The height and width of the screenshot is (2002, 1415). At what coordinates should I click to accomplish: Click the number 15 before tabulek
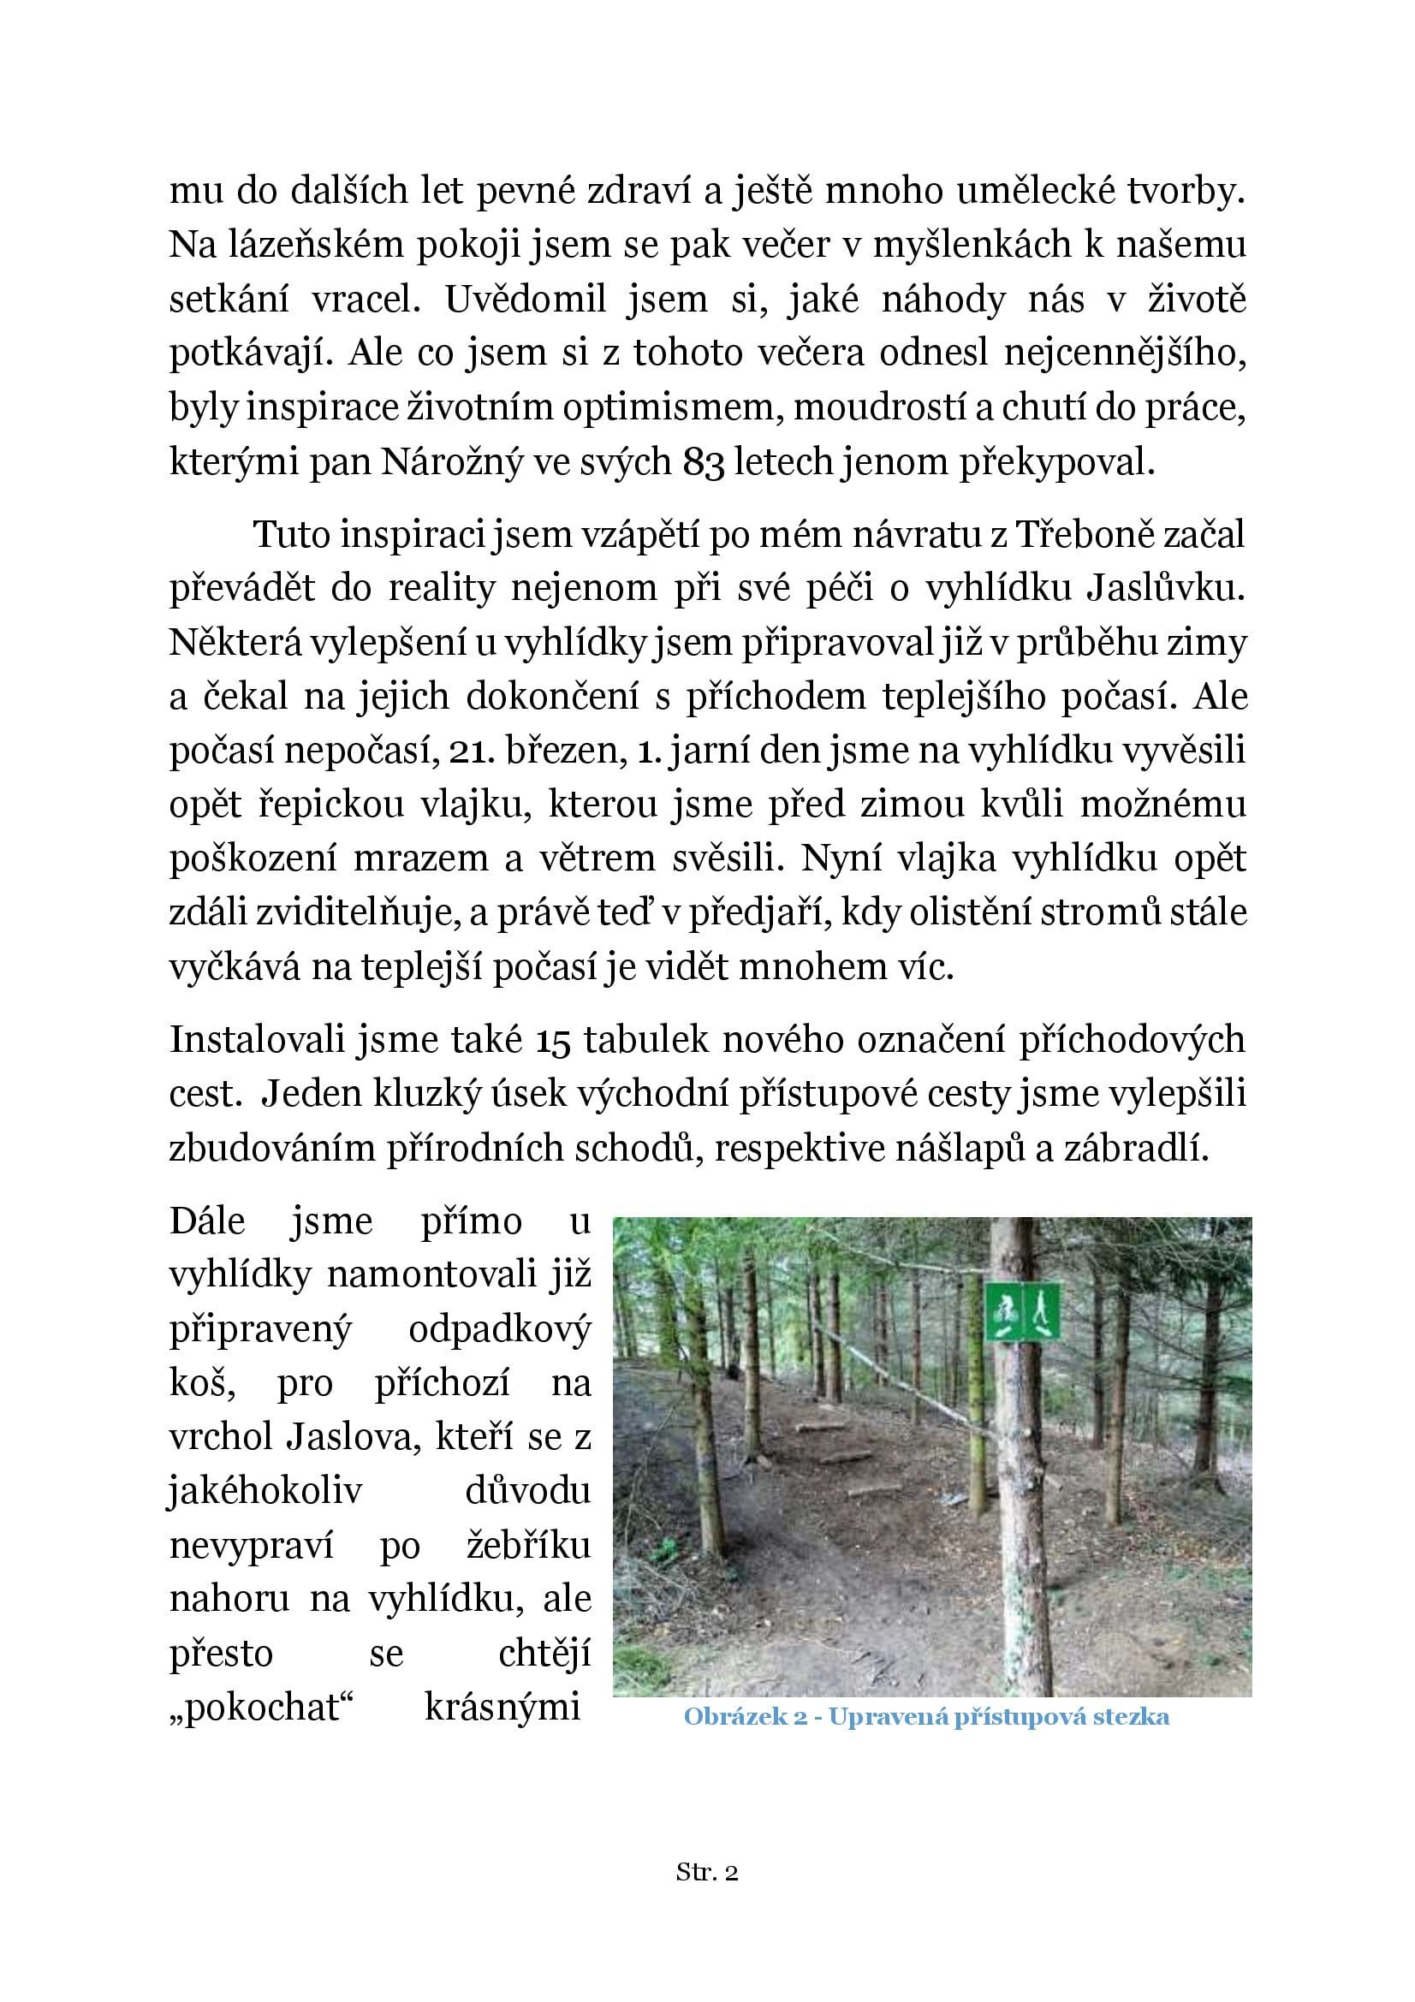551,1040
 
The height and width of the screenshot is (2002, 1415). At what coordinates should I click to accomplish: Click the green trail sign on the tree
1023,1311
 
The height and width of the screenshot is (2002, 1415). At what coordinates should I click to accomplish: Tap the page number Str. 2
707,1873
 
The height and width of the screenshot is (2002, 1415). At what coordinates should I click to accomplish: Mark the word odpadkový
500,1329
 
